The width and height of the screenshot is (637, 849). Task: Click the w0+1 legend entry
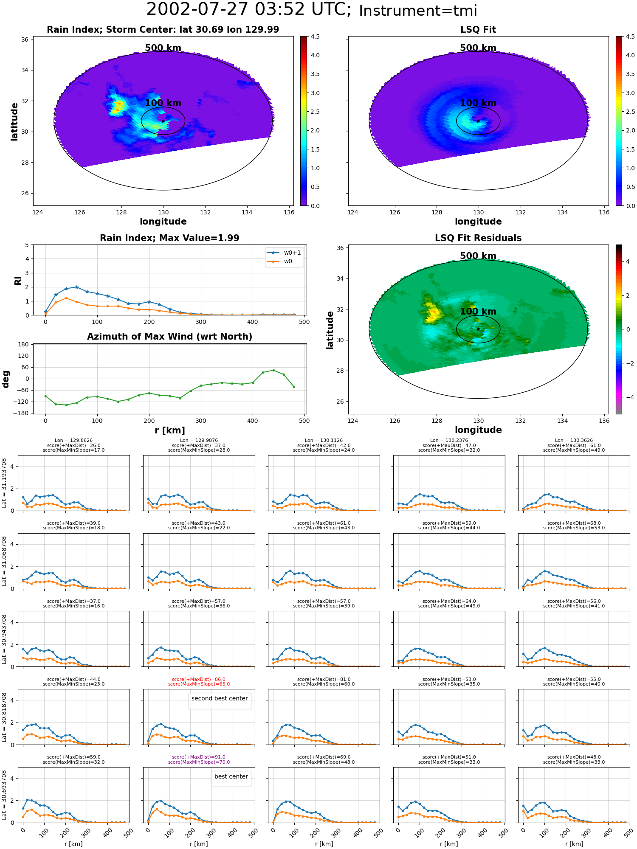284,253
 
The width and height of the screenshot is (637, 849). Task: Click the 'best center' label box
231,776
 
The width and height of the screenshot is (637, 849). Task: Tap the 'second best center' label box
220,698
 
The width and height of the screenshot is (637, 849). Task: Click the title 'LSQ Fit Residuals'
478,238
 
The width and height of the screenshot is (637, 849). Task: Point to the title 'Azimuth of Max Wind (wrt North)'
169,337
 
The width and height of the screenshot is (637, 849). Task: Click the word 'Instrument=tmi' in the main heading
418,11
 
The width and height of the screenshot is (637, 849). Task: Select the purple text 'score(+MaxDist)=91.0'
199,757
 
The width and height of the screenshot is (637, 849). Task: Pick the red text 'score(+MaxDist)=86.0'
199,679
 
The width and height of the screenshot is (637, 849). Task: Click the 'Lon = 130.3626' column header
574,441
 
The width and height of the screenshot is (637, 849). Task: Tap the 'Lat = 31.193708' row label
4,483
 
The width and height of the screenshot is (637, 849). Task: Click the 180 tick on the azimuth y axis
23,344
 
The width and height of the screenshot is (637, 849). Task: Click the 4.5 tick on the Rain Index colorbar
315,37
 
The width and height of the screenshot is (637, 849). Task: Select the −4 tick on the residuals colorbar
628,397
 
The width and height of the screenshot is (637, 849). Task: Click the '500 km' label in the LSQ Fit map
478,48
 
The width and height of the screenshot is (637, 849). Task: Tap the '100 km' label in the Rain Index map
163,103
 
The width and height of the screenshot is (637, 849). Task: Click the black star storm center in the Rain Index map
163,121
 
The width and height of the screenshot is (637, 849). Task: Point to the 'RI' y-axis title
18,280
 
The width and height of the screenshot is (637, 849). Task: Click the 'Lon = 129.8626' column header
73,441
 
